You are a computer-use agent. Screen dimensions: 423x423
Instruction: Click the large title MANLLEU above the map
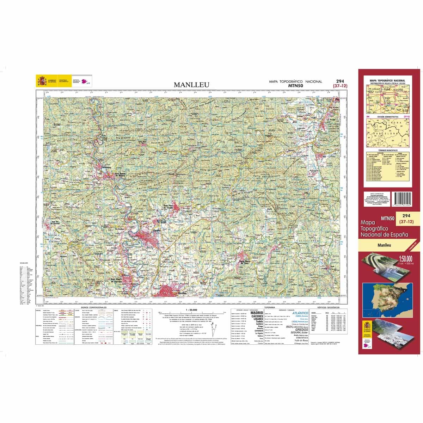click(x=192, y=85)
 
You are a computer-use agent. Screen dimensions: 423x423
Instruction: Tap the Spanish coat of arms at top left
click(x=42, y=81)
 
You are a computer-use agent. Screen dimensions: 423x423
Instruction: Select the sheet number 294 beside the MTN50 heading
click(x=340, y=81)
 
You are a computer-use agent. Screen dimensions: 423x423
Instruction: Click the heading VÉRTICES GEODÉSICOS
click(x=328, y=308)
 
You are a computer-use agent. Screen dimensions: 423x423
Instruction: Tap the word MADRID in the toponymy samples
click(x=256, y=313)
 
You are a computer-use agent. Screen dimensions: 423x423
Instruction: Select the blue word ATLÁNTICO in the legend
click(x=300, y=313)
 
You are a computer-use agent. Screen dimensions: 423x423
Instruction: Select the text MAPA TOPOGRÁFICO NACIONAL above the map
click(x=295, y=81)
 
